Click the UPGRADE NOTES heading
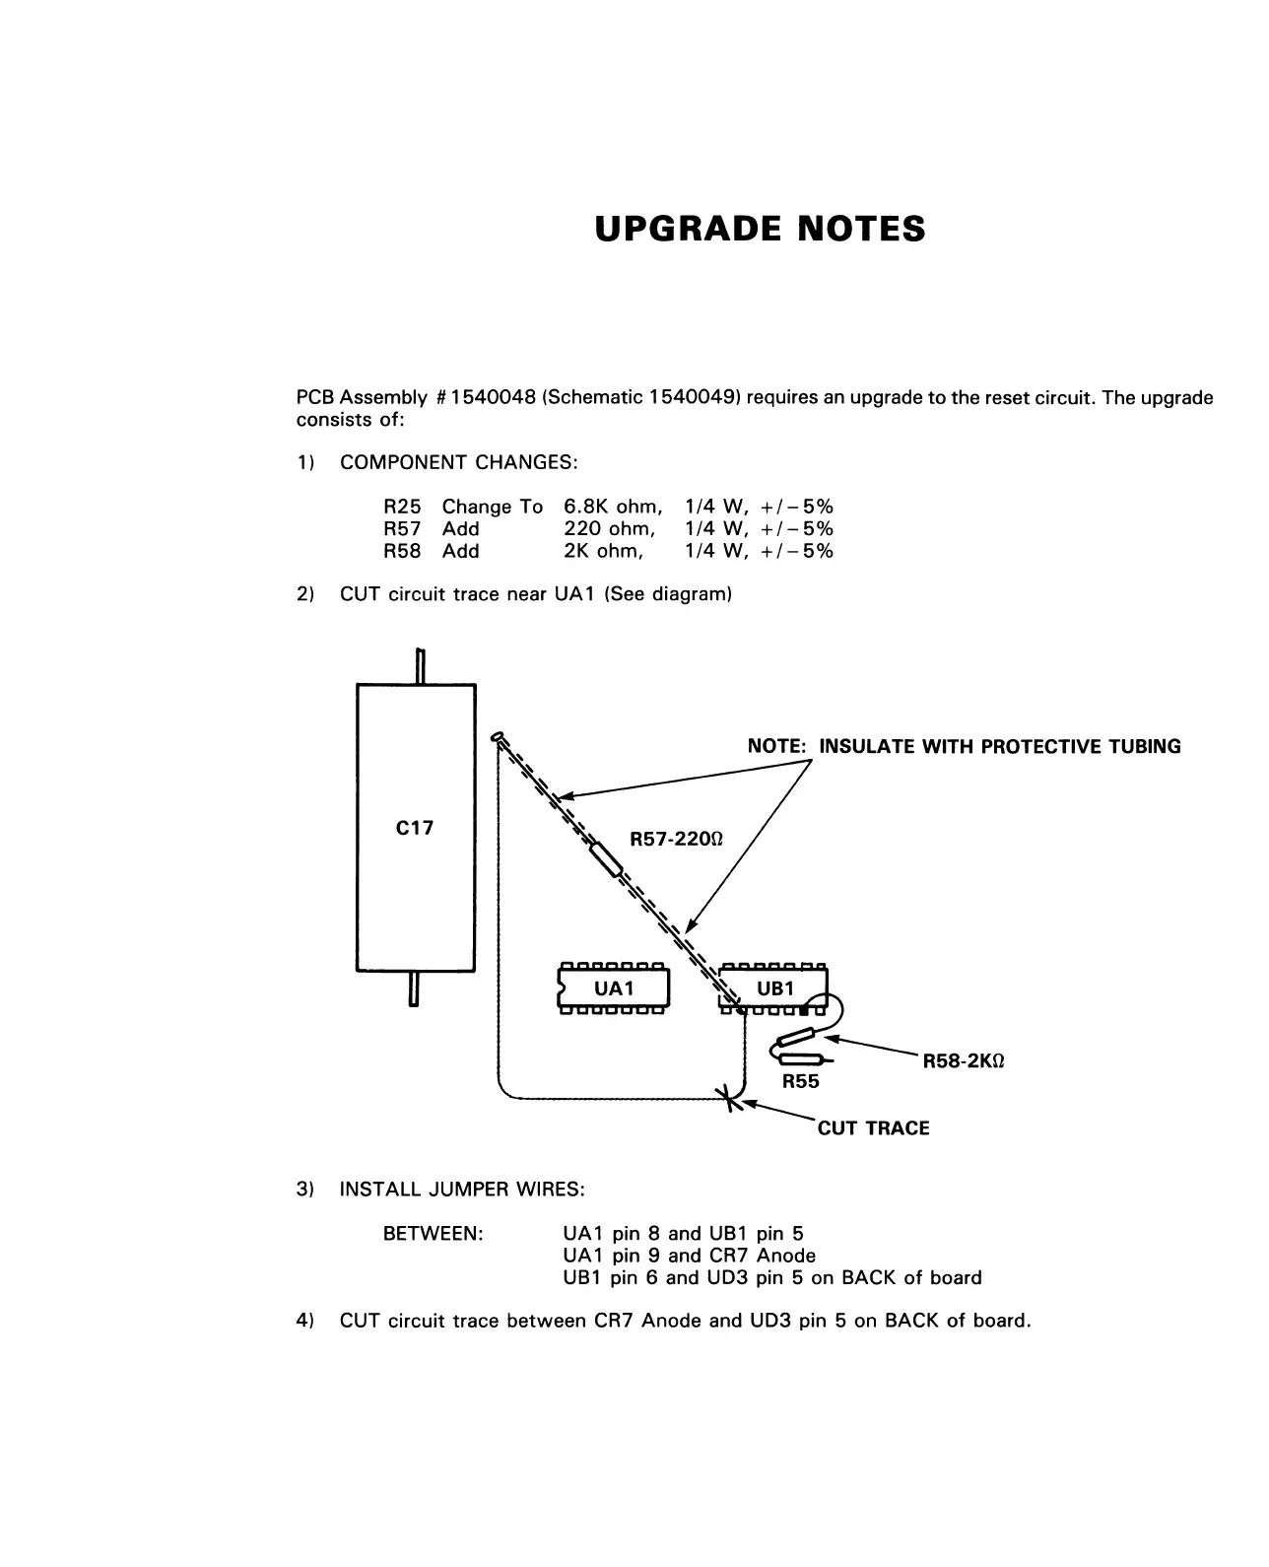[760, 229]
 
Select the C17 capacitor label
[414, 828]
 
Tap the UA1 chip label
[614, 988]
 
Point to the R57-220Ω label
[676, 840]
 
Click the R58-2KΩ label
[964, 1061]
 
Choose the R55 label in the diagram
[800, 1081]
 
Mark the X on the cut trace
[730, 1097]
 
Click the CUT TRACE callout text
[873, 1128]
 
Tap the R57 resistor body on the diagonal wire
[605, 858]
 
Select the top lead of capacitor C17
[420, 666]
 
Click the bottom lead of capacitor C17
[414, 988]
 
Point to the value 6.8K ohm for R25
[612, 507]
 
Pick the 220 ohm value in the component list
[609, 529]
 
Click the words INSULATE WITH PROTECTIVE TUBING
[1000, 746]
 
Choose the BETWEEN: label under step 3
[433, 1234]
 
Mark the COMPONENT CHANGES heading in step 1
[458, 462]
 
